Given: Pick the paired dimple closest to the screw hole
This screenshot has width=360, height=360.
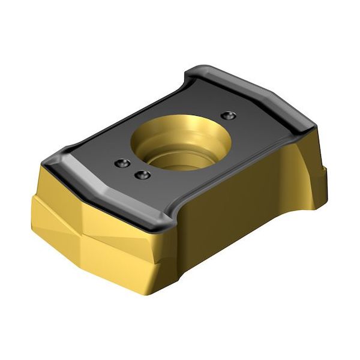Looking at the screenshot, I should click(142, 175).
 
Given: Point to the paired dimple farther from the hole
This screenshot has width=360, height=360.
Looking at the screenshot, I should click(122, 163).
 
